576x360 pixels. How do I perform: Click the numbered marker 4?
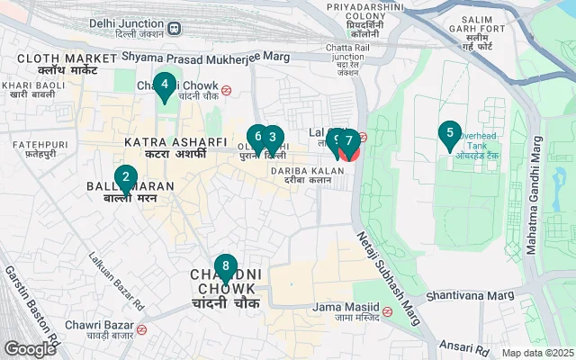pos(164,87)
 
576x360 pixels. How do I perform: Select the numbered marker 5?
pos(449,135)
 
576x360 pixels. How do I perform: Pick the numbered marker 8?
pos(225,268)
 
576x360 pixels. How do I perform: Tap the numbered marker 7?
pos(348,141)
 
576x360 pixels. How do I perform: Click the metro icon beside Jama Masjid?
pos(387,311)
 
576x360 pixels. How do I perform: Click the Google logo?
pos(31,348)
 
